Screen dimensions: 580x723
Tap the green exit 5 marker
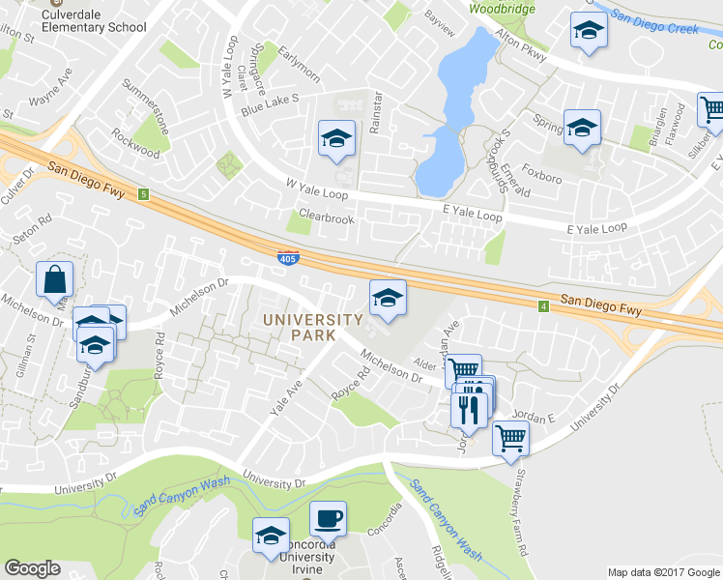coord(143,194)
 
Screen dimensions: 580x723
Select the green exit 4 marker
coord(544,306)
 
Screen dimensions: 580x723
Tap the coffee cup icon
coord(328,518)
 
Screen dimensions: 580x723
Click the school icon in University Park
coord(388,299)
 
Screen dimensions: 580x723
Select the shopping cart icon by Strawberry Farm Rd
coord(509,438)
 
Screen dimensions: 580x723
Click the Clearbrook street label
coord(327,218)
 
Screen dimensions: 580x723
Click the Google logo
coord(32,568)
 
